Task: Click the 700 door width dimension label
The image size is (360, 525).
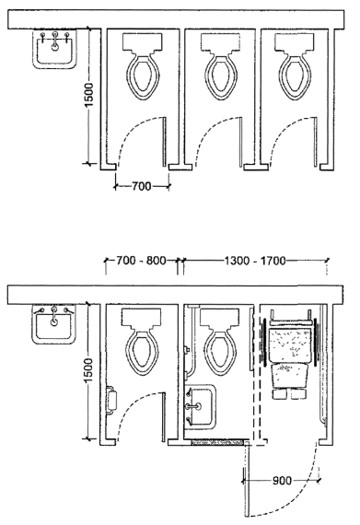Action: [x=142, y=186]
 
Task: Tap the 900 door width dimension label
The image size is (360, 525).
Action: [x=282, y=481]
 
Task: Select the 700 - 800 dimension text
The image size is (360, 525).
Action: [x=141, y=261]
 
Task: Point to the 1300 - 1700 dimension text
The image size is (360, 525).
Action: [x=255, y=261]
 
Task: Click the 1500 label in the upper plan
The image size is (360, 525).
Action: [x=89, y=95]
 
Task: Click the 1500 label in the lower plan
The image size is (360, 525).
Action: [x=88, y=371]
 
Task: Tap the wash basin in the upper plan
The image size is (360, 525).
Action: [x=54, y=49]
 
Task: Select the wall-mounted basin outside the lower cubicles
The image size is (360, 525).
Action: [x=53, y=324]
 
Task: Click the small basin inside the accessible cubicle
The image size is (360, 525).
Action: [x=201, y=406]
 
